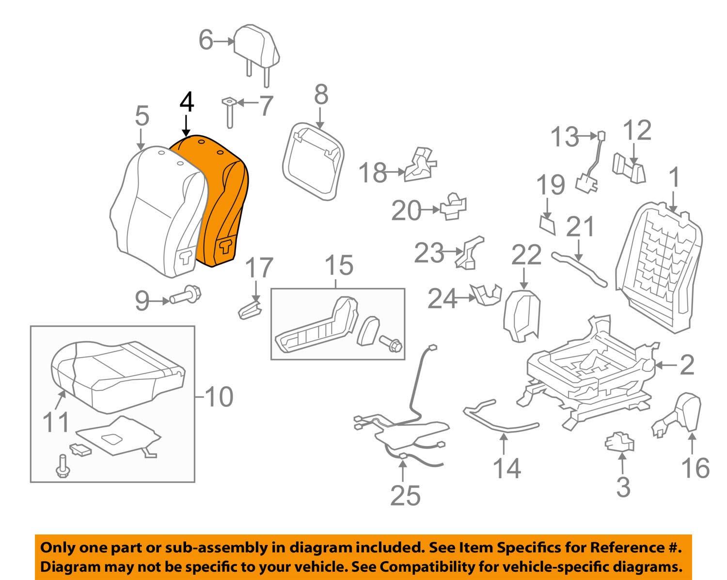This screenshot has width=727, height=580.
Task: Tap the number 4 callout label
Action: coord(187,103)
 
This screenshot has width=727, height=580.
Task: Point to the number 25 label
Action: coord(405,495)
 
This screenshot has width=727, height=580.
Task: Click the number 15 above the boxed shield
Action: coord(339,266)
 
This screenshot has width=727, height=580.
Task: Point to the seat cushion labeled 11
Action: coord(116,378)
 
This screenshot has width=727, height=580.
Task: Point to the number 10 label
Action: coord(219,397)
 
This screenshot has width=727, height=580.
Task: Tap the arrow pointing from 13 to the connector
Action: coord(587,137)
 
